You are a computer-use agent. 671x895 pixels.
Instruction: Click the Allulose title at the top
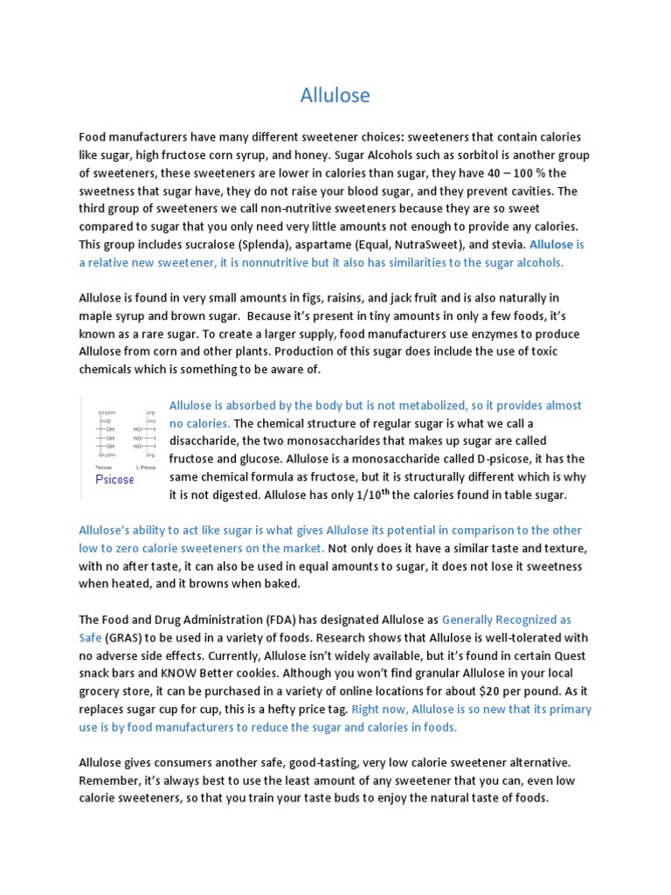pos(335,94)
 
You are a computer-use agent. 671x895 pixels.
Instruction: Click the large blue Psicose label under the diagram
pos(114,480)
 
